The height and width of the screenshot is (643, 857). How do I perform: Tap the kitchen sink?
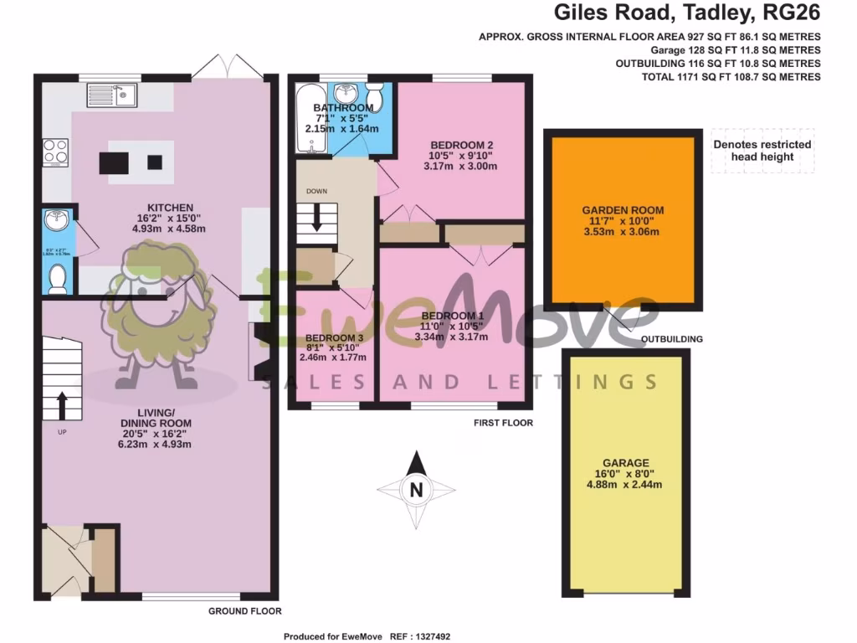pos(112,96)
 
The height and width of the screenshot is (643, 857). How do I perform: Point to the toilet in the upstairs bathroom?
pos(375,98)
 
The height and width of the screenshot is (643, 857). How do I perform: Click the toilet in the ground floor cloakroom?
pos(57,278)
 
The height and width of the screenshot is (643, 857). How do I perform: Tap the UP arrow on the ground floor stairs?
pos(62,405)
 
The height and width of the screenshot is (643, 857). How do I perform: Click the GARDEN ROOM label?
pos(620,210)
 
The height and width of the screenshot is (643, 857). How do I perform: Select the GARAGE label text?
pos(626,462)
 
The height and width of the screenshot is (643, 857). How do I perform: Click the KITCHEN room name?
pos(170,208)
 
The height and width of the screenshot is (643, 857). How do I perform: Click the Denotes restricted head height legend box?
pos(762,151)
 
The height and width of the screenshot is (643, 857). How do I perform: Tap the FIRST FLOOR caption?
pos(503,423)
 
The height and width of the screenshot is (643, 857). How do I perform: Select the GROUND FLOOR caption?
pos(244,611)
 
